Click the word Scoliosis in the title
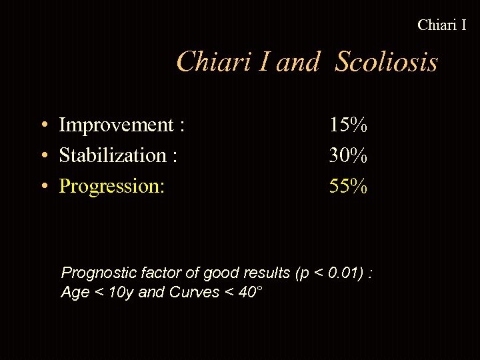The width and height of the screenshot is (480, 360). pos(387,63)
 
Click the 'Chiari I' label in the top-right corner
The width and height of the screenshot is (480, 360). pos(441,25)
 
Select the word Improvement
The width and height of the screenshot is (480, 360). pos(116,125)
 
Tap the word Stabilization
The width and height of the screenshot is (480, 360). pos(113,155)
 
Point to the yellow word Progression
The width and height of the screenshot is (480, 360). pos(111,186)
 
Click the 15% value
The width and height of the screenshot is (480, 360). pos(348,125)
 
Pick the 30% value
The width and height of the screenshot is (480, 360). pos(348,155)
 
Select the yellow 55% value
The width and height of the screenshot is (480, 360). pos(348,186)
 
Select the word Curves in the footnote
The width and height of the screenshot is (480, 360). pos(195,292)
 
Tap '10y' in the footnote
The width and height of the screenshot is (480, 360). pos(121,292)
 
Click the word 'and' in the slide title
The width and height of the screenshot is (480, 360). pos(297,63)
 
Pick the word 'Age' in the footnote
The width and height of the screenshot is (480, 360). pos(75,292)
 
